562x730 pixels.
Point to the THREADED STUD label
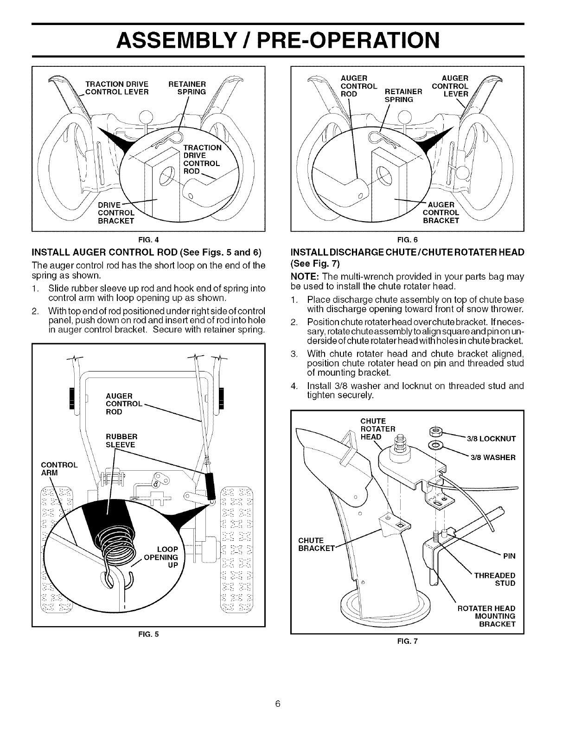[x=494, y=579]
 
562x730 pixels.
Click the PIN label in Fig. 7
[x=509, y=556]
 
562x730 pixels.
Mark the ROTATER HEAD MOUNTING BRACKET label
[x=486, y=616]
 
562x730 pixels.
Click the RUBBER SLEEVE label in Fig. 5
[x=121, y=441]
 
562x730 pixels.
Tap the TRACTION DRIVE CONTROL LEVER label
[x=116, y=88]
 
